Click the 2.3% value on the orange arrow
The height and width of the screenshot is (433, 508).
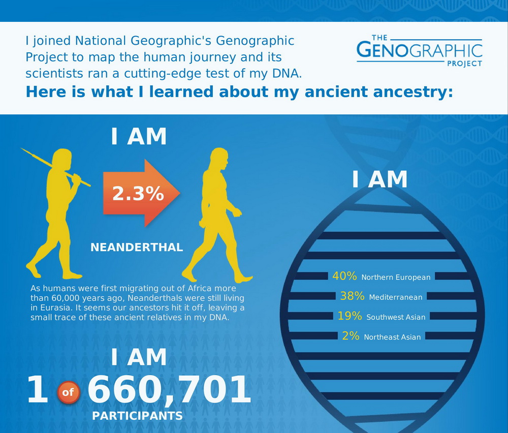(x=138, y=194)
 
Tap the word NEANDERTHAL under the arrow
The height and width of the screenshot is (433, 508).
(x=137, y=248)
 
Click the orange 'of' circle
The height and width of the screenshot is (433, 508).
(x=69, y=392)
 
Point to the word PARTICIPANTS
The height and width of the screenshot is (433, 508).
(x=137, y=416)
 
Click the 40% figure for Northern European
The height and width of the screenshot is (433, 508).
(x=344, y=276)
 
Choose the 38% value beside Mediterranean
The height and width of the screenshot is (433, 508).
(x=352, y=296)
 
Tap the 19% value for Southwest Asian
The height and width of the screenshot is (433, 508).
(x=350, y=316)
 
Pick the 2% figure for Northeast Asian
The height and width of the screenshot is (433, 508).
(x=351, y=336)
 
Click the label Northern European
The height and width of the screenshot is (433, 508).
(x=396, y=277)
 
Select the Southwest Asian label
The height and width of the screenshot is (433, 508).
(x=396, y=317)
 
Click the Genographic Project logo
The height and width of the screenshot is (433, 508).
(x=420, y=50)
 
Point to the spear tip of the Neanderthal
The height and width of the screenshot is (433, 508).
(x=22, y=149)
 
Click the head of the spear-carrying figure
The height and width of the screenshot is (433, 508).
(x=62, y=159)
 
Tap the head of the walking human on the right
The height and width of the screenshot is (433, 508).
(x=219, y=158)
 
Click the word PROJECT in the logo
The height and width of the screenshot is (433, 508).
(x=465, y=64)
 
